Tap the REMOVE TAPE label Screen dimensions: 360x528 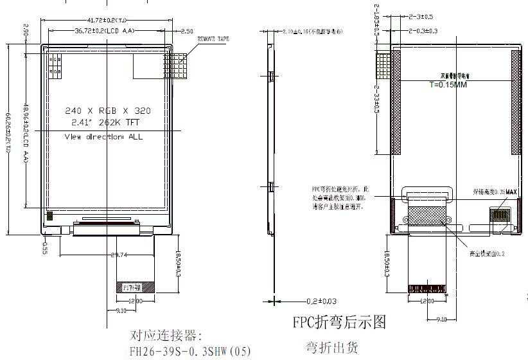[x=213, y=40]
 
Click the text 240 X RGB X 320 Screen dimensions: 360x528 [x=108, y=111]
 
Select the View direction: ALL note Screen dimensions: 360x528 [x=103, y=137]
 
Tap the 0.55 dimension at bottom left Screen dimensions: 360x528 [x=45, y=248]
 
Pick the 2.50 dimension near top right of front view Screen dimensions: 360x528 [x=187, y=31]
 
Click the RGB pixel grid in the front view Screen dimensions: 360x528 [x=55, y=64]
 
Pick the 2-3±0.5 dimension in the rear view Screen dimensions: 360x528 [x=421, y=17]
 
